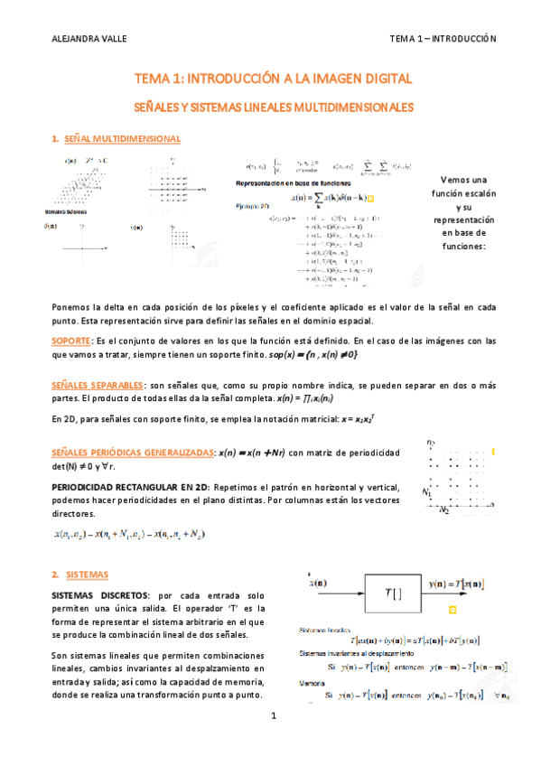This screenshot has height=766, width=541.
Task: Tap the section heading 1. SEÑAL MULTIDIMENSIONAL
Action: click(117, 139)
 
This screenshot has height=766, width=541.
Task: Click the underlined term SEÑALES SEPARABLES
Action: click(90, 385)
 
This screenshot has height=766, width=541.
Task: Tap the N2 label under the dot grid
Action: click(443, 510)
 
